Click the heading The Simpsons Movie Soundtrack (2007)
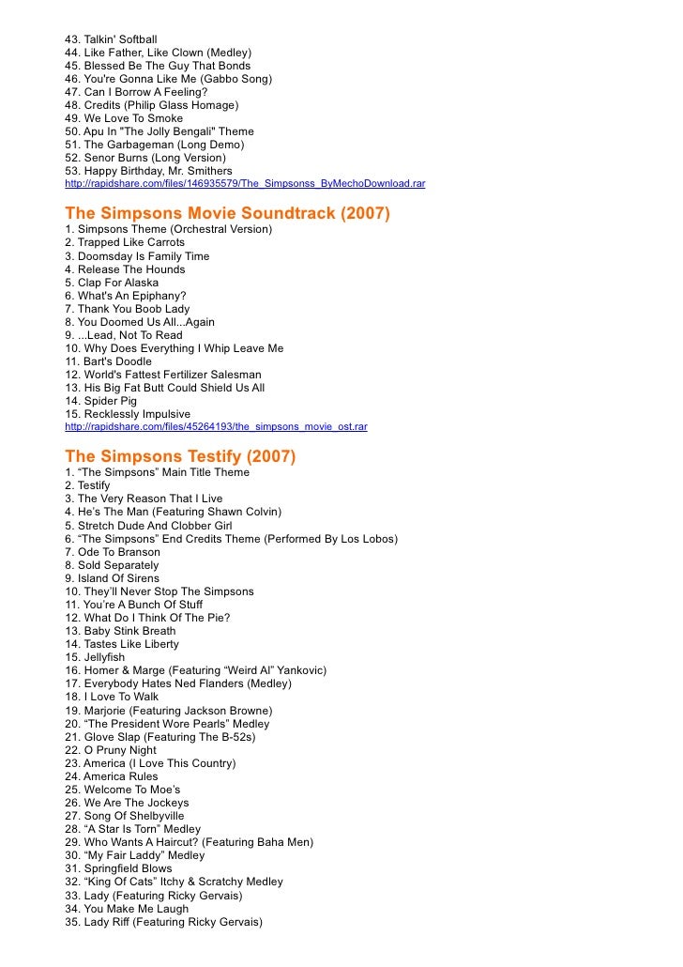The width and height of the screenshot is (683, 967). (227, 213)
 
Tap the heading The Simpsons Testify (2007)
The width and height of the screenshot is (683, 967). (180, 456)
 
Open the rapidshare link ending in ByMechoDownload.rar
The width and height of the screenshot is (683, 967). (245, 184)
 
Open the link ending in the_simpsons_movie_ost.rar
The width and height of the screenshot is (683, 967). (216, 426)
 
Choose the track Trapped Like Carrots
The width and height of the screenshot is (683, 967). (130, 242)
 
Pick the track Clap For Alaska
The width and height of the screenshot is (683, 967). (118, 283)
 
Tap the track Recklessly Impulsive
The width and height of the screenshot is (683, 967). (137, 414)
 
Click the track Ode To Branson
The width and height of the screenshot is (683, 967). (118, 552)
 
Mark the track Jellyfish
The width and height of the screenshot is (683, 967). (104, 657)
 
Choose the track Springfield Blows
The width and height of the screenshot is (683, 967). (128, 868)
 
